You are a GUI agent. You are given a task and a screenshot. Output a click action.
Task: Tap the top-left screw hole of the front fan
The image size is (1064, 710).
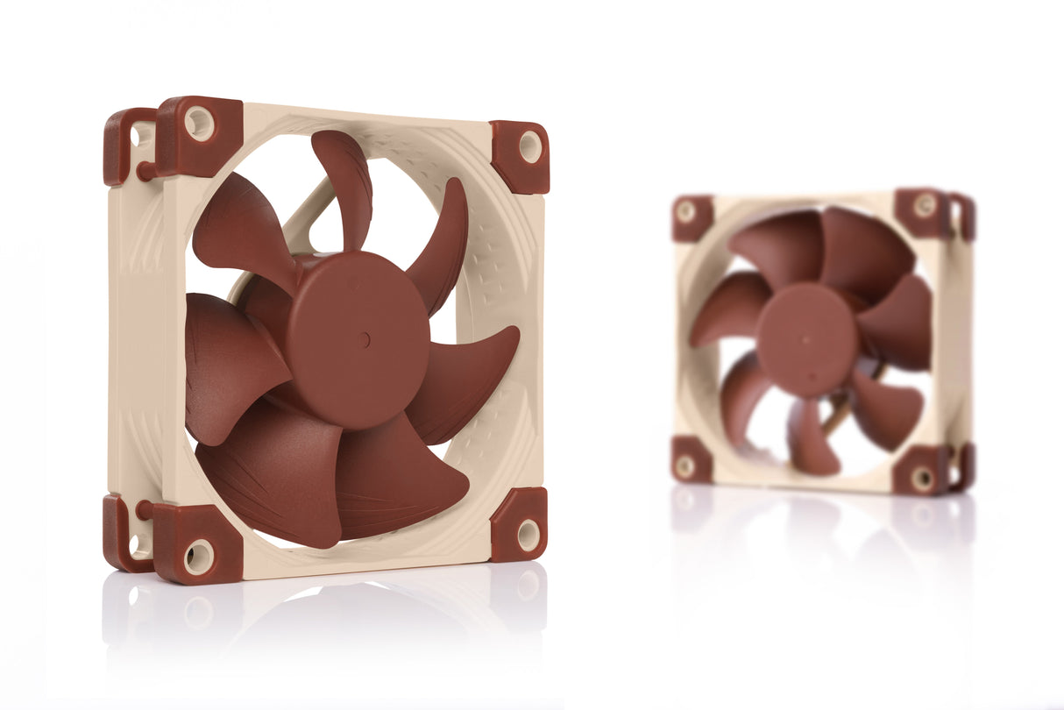coord(199,124)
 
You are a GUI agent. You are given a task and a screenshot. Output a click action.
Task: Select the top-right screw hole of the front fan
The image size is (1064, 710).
coord(530,146)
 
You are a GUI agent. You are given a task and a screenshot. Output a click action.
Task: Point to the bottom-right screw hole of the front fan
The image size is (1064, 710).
coord(528,535)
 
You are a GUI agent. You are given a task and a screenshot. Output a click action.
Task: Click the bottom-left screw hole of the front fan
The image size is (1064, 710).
coord(198,557)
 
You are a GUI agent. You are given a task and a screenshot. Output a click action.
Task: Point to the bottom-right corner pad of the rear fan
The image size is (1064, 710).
coord(926,472)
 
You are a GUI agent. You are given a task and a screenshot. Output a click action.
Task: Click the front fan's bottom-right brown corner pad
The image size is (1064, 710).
coord(519,524)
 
